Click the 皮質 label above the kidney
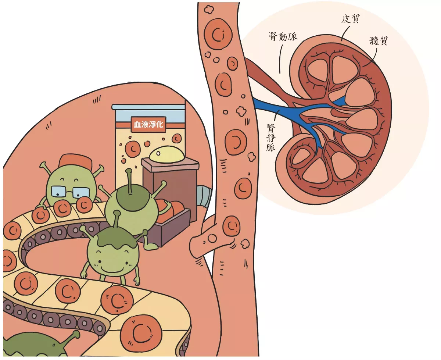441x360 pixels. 351,19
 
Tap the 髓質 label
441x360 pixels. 379,40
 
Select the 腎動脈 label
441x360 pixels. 283,37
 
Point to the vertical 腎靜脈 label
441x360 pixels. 271,138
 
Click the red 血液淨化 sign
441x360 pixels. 148,125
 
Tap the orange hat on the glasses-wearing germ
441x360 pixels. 75,161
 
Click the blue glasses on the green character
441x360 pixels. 71,192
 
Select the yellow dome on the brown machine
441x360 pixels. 167,154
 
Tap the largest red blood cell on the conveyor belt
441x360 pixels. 141,334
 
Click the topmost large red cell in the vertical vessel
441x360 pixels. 218,34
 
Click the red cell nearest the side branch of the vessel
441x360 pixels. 231,226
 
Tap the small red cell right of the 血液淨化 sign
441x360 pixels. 177,138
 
